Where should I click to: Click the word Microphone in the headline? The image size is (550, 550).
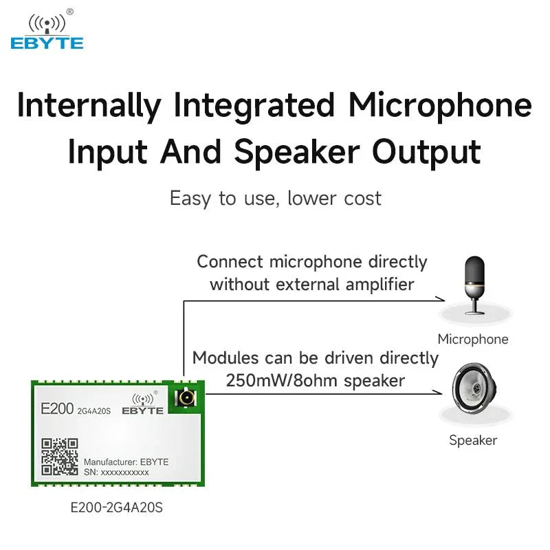[x=440, y=107]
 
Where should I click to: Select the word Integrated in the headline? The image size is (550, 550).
[x=254, y=107]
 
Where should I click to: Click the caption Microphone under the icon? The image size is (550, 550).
[x=473, y=339]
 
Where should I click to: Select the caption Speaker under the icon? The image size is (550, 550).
[x=473, y=441]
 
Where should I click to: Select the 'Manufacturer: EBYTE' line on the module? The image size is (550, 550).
[x=126, y=461]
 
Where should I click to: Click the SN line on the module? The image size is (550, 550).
[x=116, y=473]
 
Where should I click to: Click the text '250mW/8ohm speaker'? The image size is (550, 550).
[x=315, y=380]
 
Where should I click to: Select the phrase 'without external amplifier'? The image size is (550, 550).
[x=312, y=284]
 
